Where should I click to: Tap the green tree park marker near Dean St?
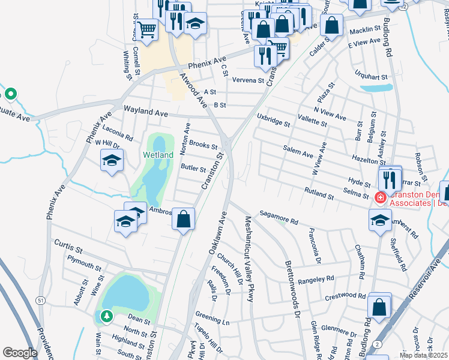(106, 316)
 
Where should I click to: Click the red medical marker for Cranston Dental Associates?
(379, 197)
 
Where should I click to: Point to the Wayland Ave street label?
(145, 112)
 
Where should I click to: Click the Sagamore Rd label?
(279, 217)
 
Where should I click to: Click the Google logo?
(20, 353)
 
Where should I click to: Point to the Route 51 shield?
(40, 300)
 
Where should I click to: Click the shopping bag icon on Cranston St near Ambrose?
(184, 219)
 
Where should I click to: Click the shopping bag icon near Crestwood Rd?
(379, 306)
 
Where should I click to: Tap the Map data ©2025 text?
(423, 355)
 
